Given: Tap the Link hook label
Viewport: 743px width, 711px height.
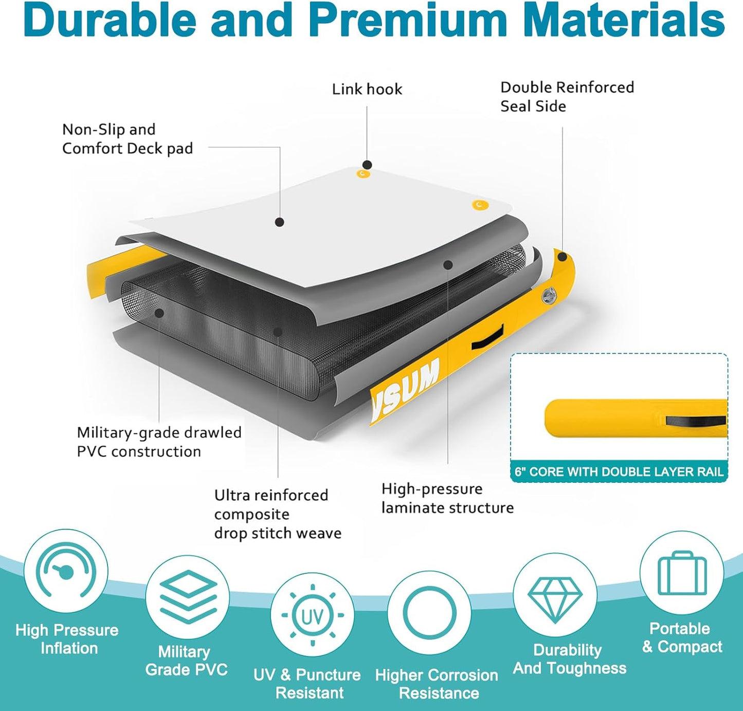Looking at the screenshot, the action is (367, 89).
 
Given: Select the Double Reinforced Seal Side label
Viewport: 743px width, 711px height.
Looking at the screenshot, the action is (567, 97).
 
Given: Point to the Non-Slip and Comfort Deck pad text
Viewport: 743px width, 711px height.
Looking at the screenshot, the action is (128, 139).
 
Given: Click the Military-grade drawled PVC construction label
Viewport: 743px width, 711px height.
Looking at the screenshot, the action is (159, 442).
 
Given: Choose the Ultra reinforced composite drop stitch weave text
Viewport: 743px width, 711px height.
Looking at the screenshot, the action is (278, 514).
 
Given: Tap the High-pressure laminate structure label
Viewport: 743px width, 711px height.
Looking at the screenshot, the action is (447, 498).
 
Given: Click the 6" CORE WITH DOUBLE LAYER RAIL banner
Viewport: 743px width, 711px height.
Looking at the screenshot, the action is (619, 472).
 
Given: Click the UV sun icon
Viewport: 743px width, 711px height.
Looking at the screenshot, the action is (312, 615).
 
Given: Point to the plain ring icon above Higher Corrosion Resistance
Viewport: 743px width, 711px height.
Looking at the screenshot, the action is (429, 613).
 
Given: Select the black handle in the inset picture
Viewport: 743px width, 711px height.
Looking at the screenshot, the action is (696, 421).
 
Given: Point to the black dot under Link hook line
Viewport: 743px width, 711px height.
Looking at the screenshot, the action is (367, 165).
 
